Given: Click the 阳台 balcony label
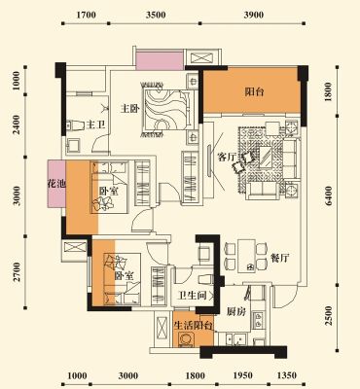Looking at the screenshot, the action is pos(254,92).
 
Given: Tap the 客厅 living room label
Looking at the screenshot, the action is pos(227,158).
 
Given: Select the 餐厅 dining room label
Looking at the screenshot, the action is pos(279,259).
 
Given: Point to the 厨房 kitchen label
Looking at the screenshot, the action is pos(235,312).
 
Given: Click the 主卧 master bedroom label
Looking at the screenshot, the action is pos(129,108).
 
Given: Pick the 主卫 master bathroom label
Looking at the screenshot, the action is pos(96,124).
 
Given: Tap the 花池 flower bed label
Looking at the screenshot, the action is pos(56,184).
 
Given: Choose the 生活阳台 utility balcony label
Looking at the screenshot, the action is pos(193,325).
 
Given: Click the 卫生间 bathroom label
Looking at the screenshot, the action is pos(193,295).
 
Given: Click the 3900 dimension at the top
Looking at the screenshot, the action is pos(254,15).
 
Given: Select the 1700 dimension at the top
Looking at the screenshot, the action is pos(86,15).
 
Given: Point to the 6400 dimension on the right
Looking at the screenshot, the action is pos(329,195).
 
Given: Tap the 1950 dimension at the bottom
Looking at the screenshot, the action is pos(242,375).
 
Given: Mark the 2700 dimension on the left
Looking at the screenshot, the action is pos(17,271).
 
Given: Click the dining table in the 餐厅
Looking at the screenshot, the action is pos(246,256).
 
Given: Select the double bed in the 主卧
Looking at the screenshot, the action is pos(167,110).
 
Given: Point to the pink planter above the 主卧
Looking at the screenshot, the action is pos(161,61).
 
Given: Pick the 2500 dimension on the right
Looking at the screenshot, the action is pos(329,316).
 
